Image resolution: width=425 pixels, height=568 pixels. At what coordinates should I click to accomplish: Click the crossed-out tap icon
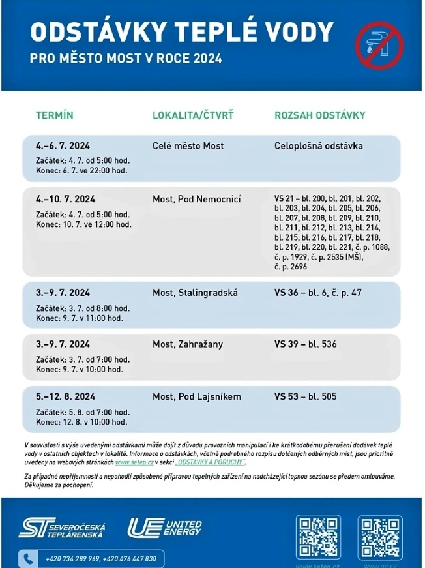(379, 45)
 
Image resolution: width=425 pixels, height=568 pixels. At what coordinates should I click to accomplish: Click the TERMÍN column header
(55, 115)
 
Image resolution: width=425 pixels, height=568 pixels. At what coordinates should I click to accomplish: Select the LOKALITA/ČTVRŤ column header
(193, 115)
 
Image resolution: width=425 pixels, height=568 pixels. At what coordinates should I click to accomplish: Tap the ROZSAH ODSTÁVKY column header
(319, 115)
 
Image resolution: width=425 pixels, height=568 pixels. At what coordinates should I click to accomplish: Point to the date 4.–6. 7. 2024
(63, 146)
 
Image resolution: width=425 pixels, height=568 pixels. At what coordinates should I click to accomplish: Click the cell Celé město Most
(188, 146)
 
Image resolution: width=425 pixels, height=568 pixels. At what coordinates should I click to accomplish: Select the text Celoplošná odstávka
(318, 146)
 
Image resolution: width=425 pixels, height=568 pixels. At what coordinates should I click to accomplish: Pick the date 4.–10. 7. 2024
(65, 199)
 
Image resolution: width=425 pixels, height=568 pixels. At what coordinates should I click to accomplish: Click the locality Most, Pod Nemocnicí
(196, 199)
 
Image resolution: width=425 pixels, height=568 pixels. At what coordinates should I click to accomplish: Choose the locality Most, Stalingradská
(195, 293)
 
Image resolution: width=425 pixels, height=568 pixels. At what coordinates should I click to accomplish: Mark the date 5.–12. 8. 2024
(65, 396)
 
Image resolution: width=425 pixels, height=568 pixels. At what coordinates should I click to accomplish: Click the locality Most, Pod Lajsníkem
(197, 396)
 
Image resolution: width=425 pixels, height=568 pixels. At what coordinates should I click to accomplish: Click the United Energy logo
(165, 527)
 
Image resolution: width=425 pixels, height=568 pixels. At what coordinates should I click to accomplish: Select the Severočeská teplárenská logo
(62, 528)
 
